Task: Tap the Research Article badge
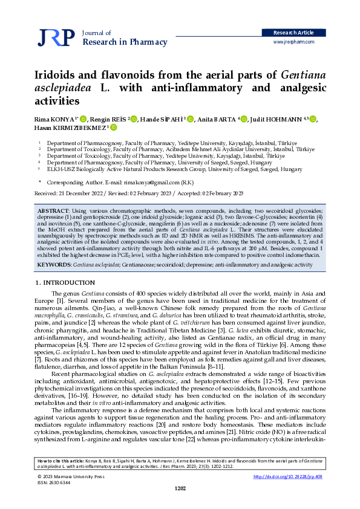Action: pyautogui.click(x=294, y=32)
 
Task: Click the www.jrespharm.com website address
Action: pyautogui.click(x=294, y=42)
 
